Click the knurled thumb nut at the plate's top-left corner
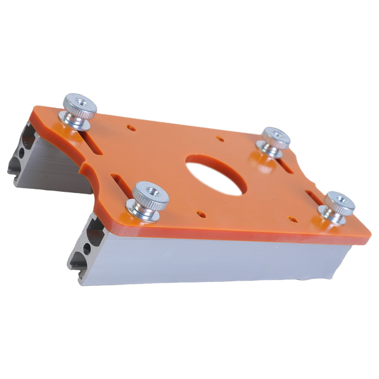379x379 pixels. (79, 108)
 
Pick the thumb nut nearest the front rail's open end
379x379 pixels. (150, 198)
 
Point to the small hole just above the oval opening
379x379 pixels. (220, 139)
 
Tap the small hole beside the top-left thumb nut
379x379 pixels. (131, 128)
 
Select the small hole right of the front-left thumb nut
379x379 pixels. (201, 214)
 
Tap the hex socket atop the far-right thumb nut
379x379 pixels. (341, 200)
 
